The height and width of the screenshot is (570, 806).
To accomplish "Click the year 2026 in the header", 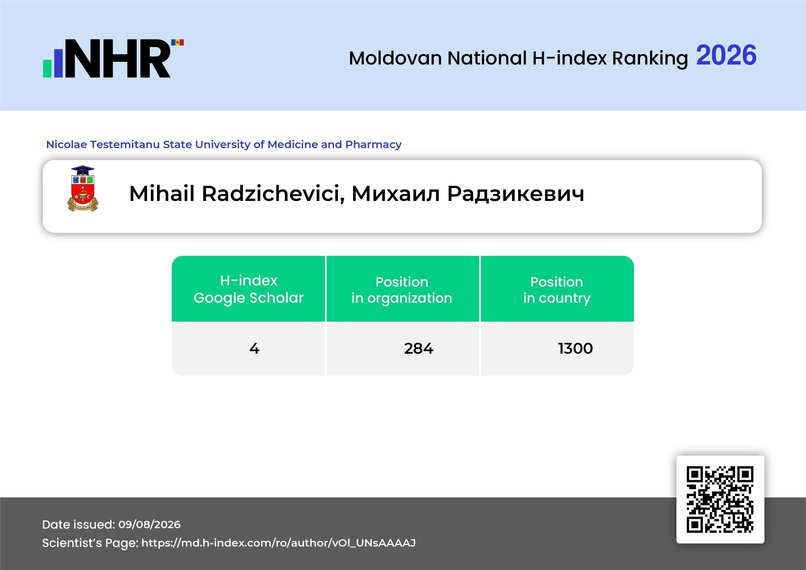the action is pyautogui.click(x=726, y=55).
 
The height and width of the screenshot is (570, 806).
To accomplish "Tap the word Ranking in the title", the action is pyautogui.click(x=650, y=59).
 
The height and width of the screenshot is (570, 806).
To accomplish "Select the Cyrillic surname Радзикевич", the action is pyautogui.click(x=516, y=194).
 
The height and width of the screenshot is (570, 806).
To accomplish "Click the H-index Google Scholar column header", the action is pyautogui.click(x=249, y=289).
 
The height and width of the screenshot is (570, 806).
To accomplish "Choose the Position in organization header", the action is pyautogui.click(x=402, y=290).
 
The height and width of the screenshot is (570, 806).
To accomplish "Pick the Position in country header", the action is pyautogui.click(x=557, y=290).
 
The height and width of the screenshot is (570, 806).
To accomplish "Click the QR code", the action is pyautogui.click(x=720, y=499).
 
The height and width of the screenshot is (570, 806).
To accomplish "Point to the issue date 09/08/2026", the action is pyautogui.click(x=150, y=524).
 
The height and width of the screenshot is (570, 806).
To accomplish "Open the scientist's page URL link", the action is pyautogui.click(x=278, y=543).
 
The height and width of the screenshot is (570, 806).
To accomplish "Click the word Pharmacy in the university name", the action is pyautogui.click(x=373, y=145).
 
